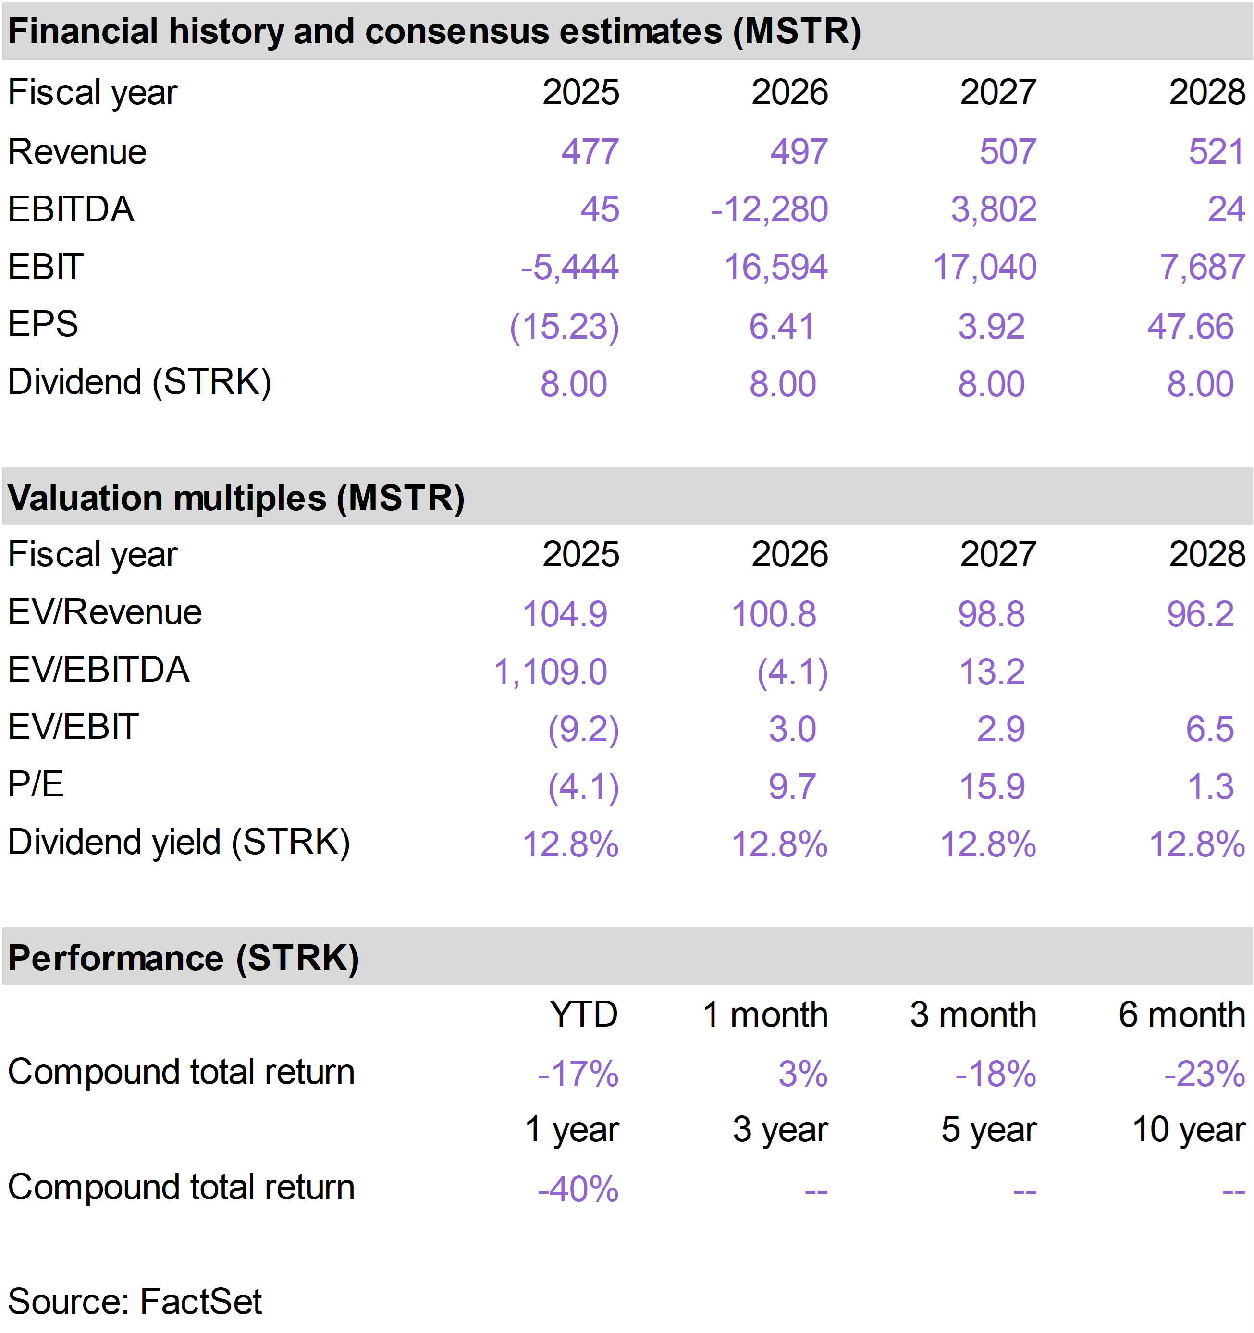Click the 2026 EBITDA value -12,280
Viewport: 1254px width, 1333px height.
click(769, 210)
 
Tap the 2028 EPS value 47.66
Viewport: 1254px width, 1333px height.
click(1190, 327)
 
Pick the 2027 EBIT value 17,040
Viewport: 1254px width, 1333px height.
click(984, 268)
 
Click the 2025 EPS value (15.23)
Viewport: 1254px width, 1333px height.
click(565, 327)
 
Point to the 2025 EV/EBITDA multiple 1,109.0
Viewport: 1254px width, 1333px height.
click(551, 672)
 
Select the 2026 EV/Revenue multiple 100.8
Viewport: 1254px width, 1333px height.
click(774, 614)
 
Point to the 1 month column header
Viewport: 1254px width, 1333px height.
click(765, 1015)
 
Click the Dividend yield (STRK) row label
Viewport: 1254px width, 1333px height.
click(179, 843)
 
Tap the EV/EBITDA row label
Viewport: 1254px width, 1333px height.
click(98, 670)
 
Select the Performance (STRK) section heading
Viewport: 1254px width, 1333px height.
click(184, 958)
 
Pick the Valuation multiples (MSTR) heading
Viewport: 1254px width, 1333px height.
click(236, 498)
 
